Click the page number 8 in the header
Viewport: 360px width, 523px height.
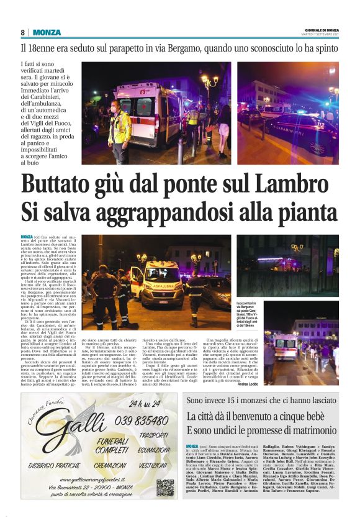pyautogui.click(x=23, y=32)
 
